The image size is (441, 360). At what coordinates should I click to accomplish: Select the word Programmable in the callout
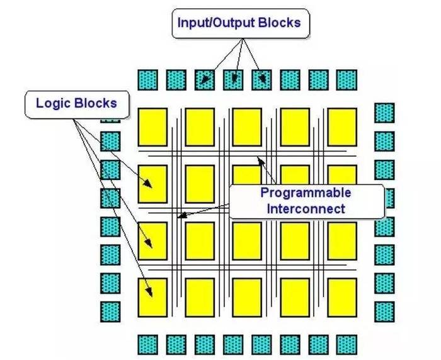pyautogui.click(x=306, y=193)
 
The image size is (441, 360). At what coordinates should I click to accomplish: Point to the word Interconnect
pyautogui.click(x=306, y=209)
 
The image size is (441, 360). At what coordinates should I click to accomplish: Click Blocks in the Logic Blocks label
pyautogui.click(x=96, y=103)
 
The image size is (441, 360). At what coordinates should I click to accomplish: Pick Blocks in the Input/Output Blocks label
pyautogui.click(x=279, y=23)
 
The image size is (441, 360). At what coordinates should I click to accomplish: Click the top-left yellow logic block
pyautogui.click(x=152, y=127)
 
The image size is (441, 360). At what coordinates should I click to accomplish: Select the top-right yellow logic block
pyautogui.click(x=342, y=127)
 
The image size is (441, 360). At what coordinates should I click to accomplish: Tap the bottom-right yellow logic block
pyautogui.click(x=342, y=298)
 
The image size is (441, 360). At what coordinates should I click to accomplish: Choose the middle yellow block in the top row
pyautogui.click(x=247, y=127)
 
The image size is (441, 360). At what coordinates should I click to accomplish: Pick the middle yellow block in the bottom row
pyautogui.click(x=247, y=298)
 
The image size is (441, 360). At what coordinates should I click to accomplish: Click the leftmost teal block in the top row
pyautogui.click(x=147, y=80)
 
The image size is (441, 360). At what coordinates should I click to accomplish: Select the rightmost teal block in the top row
pyautogui.click(x=346, y=80)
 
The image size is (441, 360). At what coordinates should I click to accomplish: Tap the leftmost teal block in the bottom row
pyautogui.click(x=147, y=345)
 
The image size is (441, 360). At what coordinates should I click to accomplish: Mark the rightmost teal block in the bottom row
pyautogui.click(x=346, y=345)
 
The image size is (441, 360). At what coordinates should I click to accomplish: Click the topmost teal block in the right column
pyautogui.click(x=384, y=113)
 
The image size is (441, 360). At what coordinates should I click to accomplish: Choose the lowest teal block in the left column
pyautogui.click(x=110, y=312)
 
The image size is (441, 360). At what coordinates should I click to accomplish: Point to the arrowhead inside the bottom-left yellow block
pyautogui.click(x=150, y=292)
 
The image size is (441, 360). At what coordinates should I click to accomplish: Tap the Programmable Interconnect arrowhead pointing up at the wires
pyautogui.click(x=261, y=161)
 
